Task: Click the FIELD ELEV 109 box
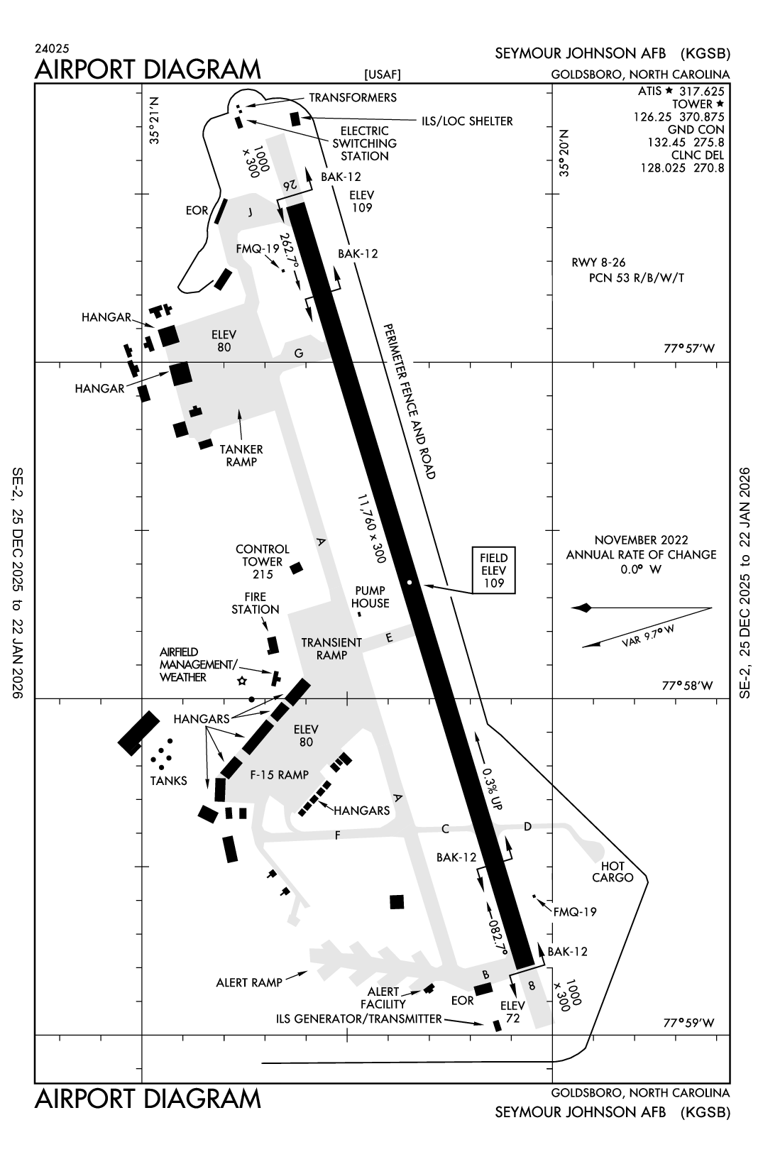click(x=494, y=570)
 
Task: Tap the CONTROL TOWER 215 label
click(x=263, y=561)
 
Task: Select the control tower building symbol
click(x=297, y=567)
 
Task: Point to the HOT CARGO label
click(x=613, y=872)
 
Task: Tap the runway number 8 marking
click(x=532, y=985)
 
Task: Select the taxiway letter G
click(x=299, y=353)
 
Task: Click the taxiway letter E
click(x=389, y=638)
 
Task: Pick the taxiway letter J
click(x=250, y=212)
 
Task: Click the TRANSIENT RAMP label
click(x=331, y=649)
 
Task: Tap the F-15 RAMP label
click(x=280, y=774)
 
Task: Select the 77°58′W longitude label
click(x=688, y=686)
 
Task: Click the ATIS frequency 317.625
click(x=701, y=92)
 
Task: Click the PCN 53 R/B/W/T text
click(x=637, y=278)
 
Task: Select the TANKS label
click(x=169, y=781)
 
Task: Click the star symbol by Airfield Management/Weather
click(x=242, y=681)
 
